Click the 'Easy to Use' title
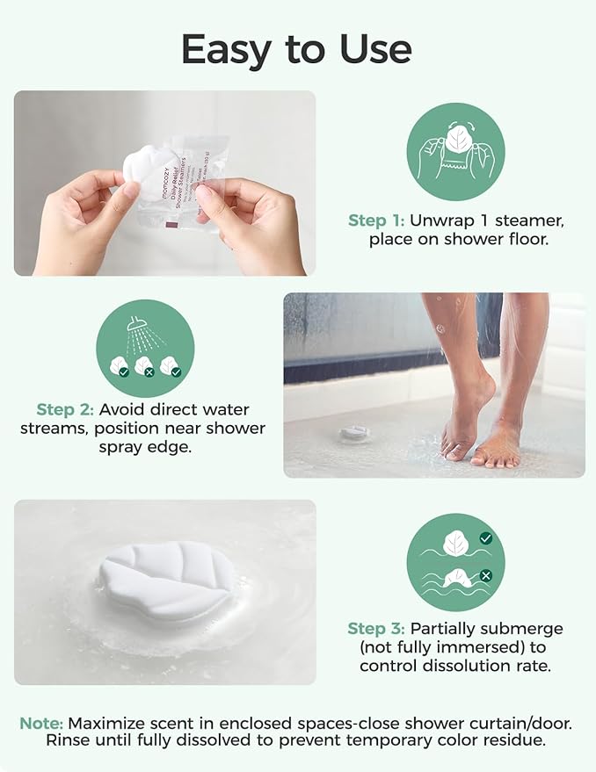[x=297, y=50]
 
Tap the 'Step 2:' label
[x=66, y=409]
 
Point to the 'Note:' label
[x=41, y=723]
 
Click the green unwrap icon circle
[x=455, y=151]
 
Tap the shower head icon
[x=137, y=327]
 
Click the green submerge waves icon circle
[x=455, y=562]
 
